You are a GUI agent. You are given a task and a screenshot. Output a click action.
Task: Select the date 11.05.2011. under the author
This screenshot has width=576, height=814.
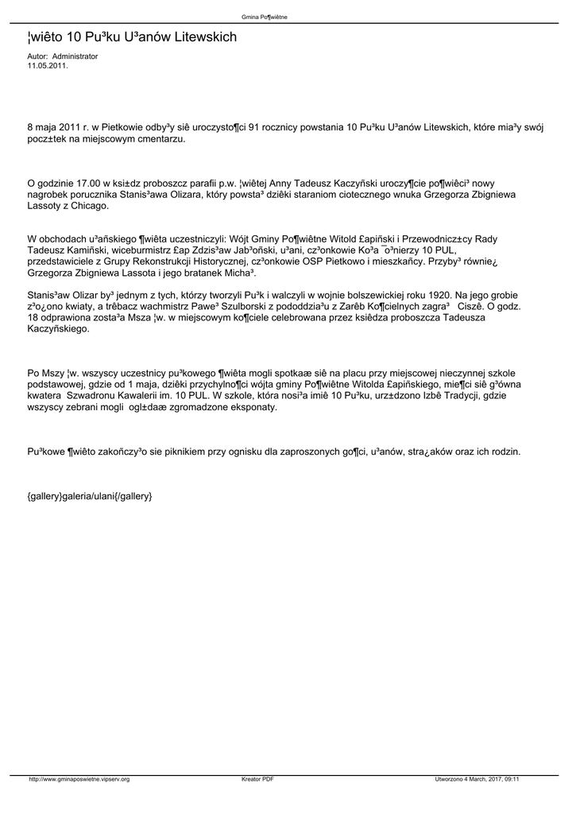pyautogui.click(x=48, y=65)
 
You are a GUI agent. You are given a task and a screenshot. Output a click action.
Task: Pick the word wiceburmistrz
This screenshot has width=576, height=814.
pyautogui.click(x=141, y=250)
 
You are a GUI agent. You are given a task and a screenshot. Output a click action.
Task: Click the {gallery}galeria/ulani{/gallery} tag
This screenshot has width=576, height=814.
pyautogui.click(x=89, y=496)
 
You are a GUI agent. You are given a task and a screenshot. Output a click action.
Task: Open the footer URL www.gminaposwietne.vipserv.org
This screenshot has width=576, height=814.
pyautogui.click(x=79, y=779)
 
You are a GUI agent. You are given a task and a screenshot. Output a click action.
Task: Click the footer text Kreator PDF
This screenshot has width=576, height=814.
pyautogui.click(x=257, y=779)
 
